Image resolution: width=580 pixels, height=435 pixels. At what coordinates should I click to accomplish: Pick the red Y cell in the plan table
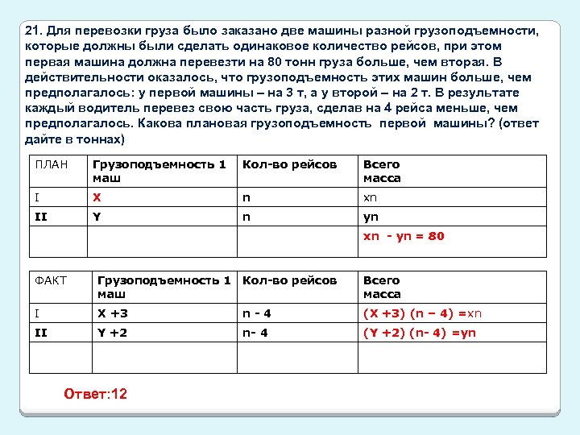[97, 217]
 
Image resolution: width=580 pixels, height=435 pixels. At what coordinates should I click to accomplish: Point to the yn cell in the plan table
[371, 217]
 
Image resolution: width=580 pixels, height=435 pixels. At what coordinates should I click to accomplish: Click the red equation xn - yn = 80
[404, 236]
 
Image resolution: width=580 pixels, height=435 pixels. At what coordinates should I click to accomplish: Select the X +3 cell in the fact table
[113, 313]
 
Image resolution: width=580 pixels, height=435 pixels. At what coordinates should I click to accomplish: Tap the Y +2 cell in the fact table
[112, 332]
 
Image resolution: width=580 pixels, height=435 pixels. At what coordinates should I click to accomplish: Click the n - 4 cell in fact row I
[258, 313]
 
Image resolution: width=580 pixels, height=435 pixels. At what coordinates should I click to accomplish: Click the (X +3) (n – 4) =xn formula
[422, 313]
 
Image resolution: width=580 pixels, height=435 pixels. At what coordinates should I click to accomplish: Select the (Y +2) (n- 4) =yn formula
[420, 332]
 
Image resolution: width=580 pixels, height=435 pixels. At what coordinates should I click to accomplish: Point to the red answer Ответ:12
[95, 394]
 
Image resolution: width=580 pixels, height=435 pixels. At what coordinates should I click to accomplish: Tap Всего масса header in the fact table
[382, 287]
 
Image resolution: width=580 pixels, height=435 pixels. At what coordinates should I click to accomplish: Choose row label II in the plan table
[42, 217]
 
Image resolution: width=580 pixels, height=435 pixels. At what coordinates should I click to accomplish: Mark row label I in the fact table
[36, 313]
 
